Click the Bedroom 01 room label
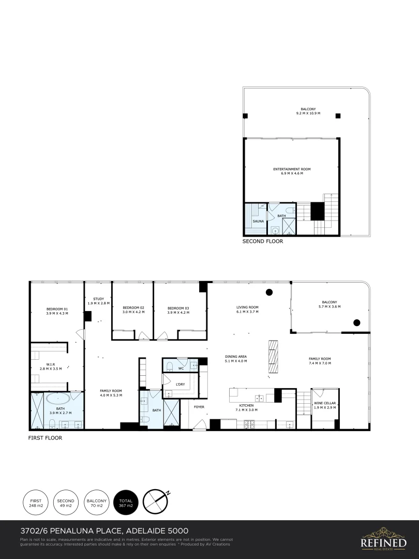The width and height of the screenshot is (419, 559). click(x=57, y=311)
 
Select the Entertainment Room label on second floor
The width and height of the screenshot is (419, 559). click(x=292, y=171)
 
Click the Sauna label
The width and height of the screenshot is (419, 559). click(x=258, y=221)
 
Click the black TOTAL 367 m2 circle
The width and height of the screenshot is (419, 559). click(x=126, y=503)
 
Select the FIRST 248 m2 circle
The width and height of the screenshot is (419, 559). click(x=36, y=503)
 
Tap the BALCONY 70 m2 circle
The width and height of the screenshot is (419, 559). click(x=96, y=503)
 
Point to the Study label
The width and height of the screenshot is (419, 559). click(x=98, y=301)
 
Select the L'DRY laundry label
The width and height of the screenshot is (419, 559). click(x=181, y=384)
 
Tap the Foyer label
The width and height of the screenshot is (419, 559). click(x=199, y=407)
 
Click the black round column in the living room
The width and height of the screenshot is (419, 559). click(x=269, y=292)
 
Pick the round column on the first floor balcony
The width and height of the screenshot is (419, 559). click(x=356, y=323)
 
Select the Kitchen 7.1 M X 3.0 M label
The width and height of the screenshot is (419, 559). click(x=246, y=407)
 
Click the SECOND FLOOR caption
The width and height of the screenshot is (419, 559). click(x=263, y=241)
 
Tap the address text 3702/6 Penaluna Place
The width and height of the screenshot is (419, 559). click(x=104, y=531)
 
